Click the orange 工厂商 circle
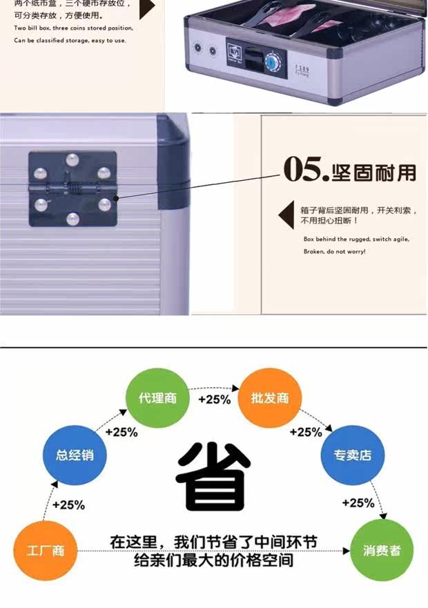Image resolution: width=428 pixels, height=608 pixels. (46, 551)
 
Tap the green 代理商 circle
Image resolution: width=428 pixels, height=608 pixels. (157, 399)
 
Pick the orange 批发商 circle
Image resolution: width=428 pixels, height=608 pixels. (270, 399)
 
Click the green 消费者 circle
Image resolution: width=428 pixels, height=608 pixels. (382, 551)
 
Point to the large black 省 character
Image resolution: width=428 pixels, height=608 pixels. (213, 476)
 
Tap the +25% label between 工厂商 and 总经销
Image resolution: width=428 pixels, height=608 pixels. (68, 505)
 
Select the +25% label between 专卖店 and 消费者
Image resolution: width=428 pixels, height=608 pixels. (359, 502)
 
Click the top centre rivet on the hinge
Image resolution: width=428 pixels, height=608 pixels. (72, 161)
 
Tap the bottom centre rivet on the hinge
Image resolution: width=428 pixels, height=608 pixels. (72, 219)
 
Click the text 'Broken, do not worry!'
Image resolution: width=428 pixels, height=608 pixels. (335, 251)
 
